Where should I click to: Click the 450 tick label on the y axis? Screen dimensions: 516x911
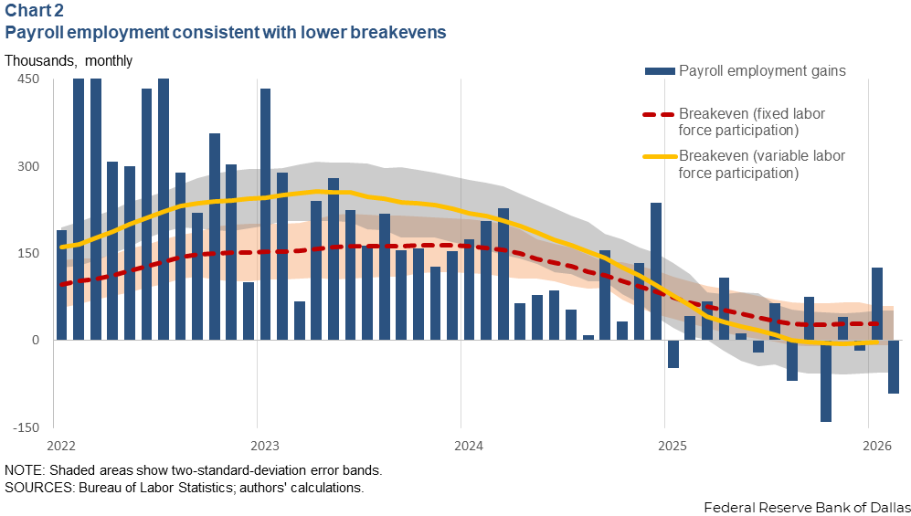click(27, 79)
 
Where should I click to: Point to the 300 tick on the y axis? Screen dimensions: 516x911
click(27, 166)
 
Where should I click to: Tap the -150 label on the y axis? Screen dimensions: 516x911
click(25, 427)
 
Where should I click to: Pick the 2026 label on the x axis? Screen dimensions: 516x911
click(877, 446)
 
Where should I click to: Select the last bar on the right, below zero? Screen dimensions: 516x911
click(894, 366)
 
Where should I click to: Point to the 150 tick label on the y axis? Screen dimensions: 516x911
click(27, 253)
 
